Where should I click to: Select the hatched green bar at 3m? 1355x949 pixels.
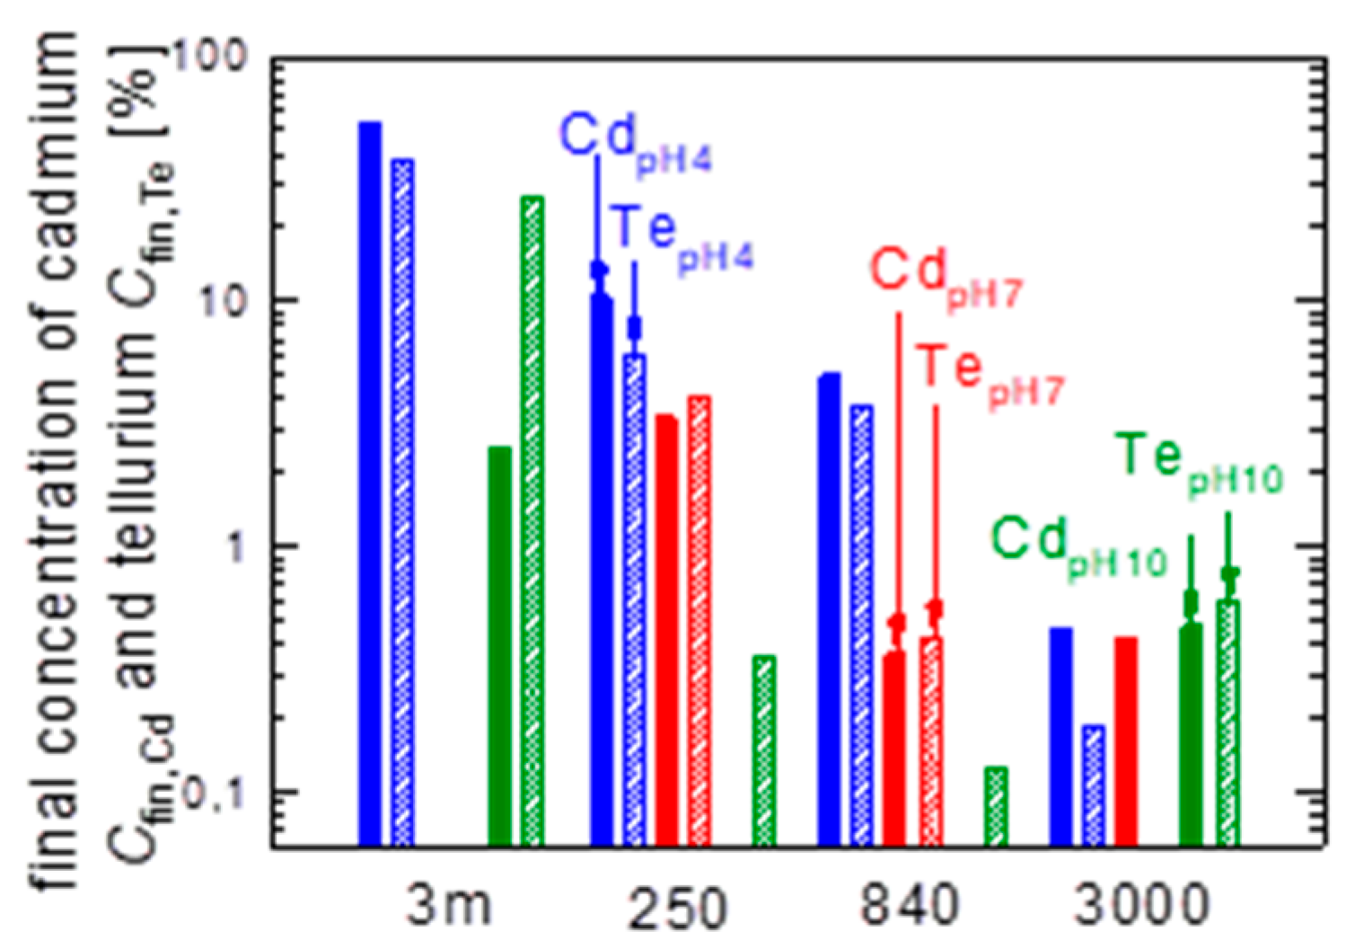532,521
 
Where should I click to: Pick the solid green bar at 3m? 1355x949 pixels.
500,646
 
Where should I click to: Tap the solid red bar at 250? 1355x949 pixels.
666,630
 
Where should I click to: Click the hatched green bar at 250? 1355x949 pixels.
763,750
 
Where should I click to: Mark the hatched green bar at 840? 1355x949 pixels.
996,806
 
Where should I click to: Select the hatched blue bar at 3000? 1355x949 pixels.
1094,785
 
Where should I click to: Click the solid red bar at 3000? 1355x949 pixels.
1126,741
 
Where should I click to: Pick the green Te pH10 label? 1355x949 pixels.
1200,463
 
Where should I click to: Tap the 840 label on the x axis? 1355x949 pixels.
909,906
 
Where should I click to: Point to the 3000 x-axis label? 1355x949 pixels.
1141,906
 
